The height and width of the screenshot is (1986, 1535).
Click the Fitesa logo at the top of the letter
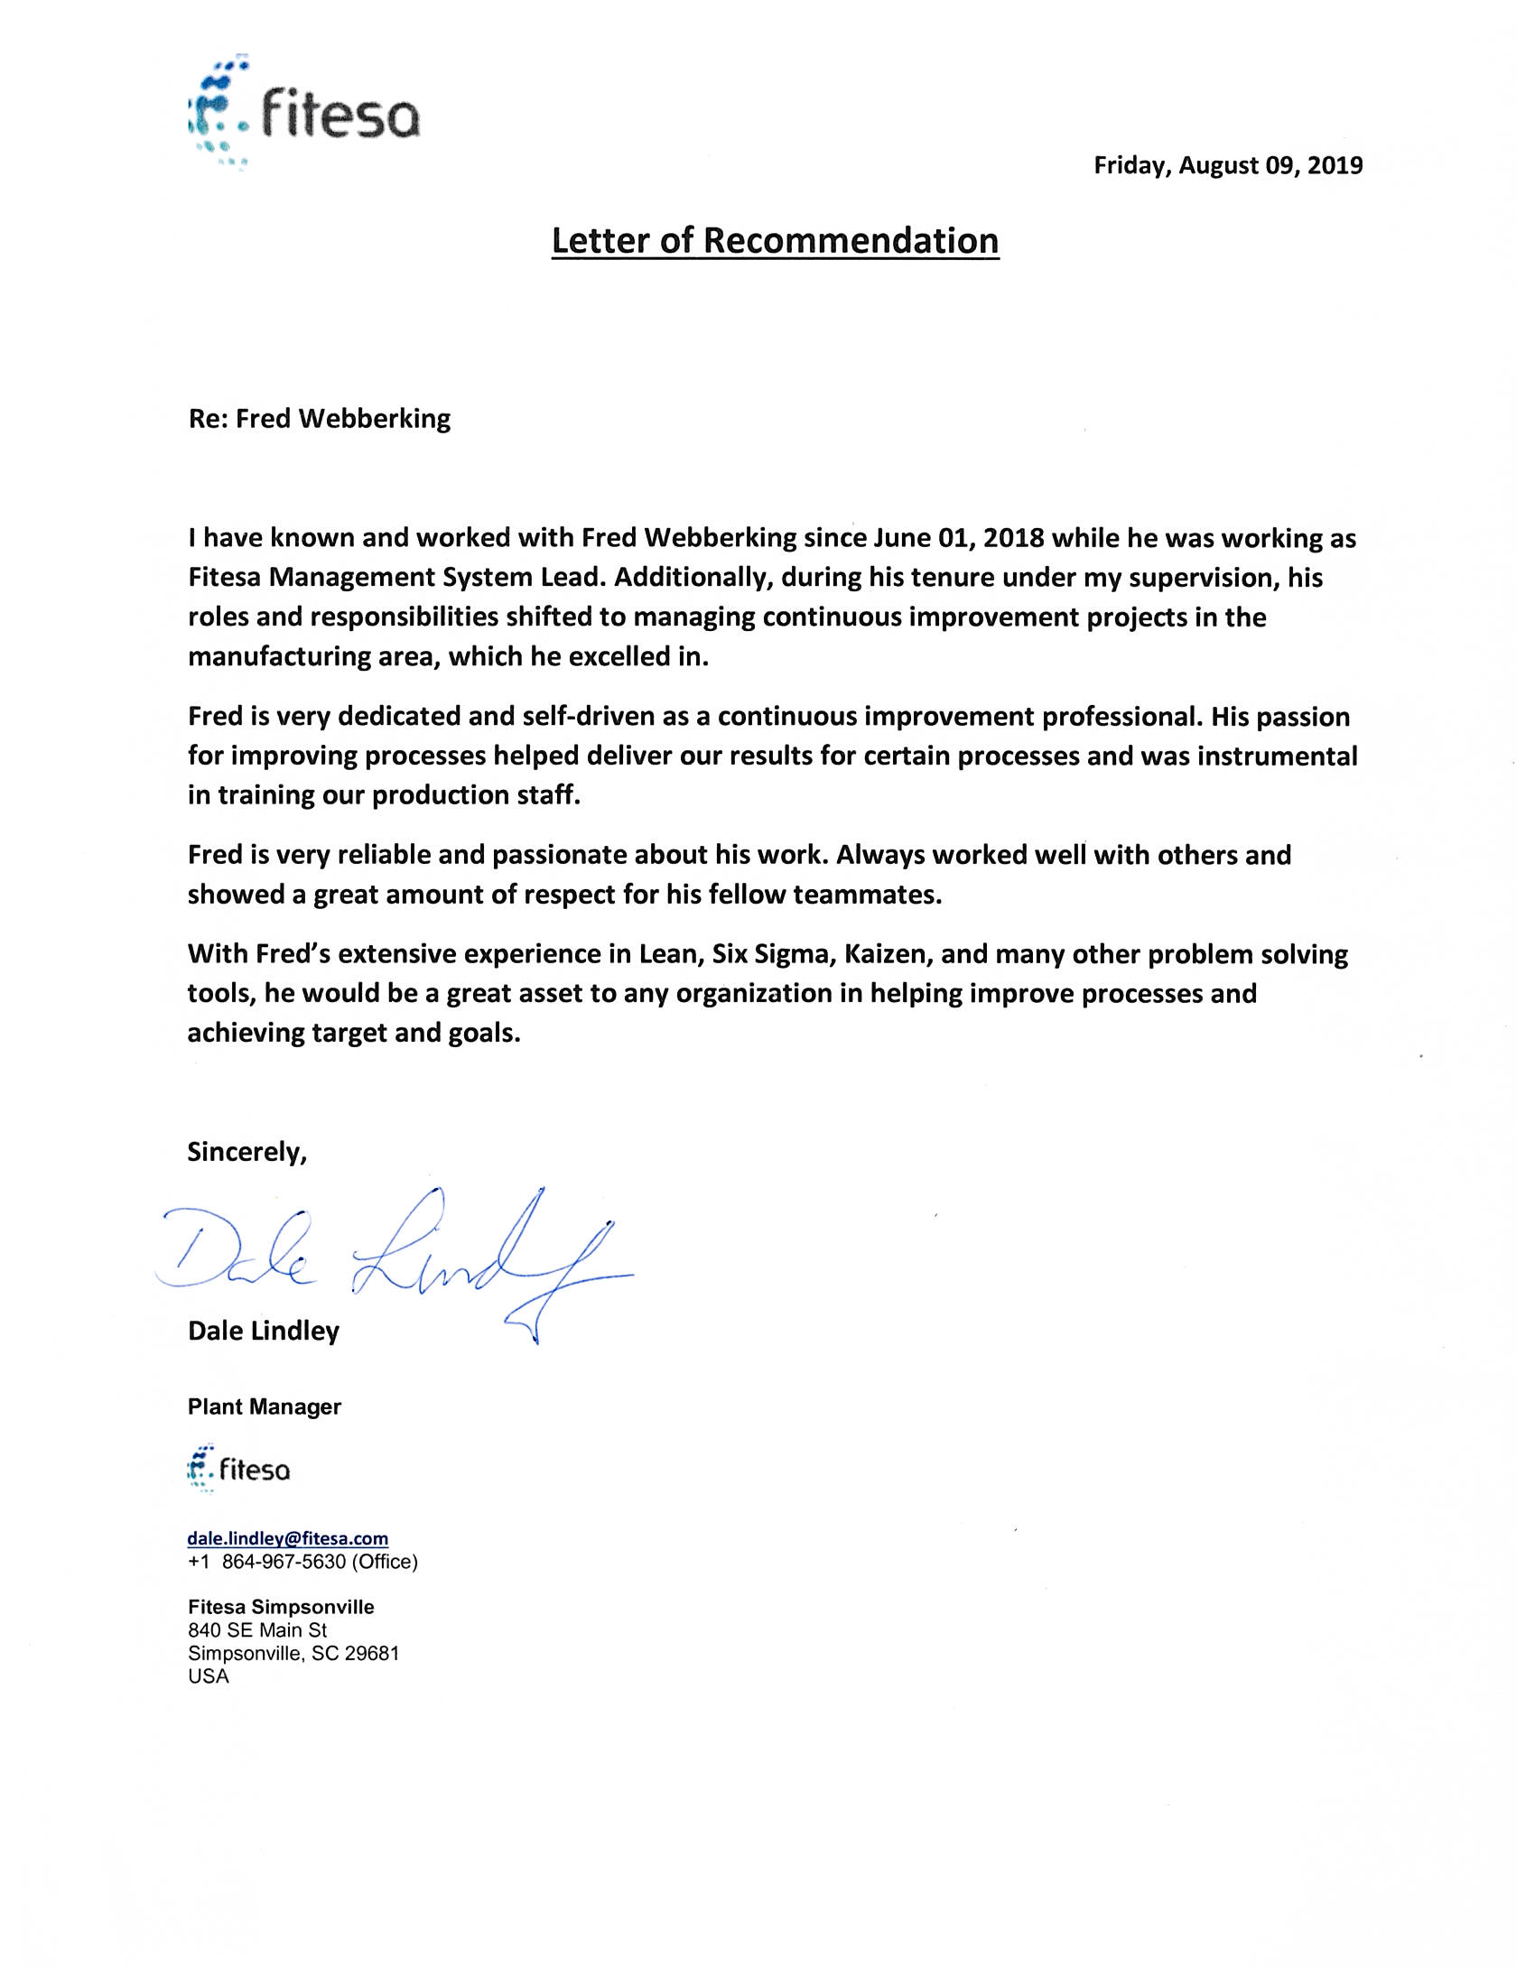303,115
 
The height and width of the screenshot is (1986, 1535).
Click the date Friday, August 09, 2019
1228,165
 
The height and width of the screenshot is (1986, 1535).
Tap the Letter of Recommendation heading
775,241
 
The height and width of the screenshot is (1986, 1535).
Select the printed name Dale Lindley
264,1332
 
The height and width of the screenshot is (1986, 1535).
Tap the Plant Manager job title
265,1406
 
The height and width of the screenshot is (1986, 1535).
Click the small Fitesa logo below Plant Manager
238,1469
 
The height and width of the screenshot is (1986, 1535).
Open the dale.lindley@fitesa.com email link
287,1538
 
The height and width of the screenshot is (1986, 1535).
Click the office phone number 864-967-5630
284,1563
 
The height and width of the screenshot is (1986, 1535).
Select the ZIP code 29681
371,1653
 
